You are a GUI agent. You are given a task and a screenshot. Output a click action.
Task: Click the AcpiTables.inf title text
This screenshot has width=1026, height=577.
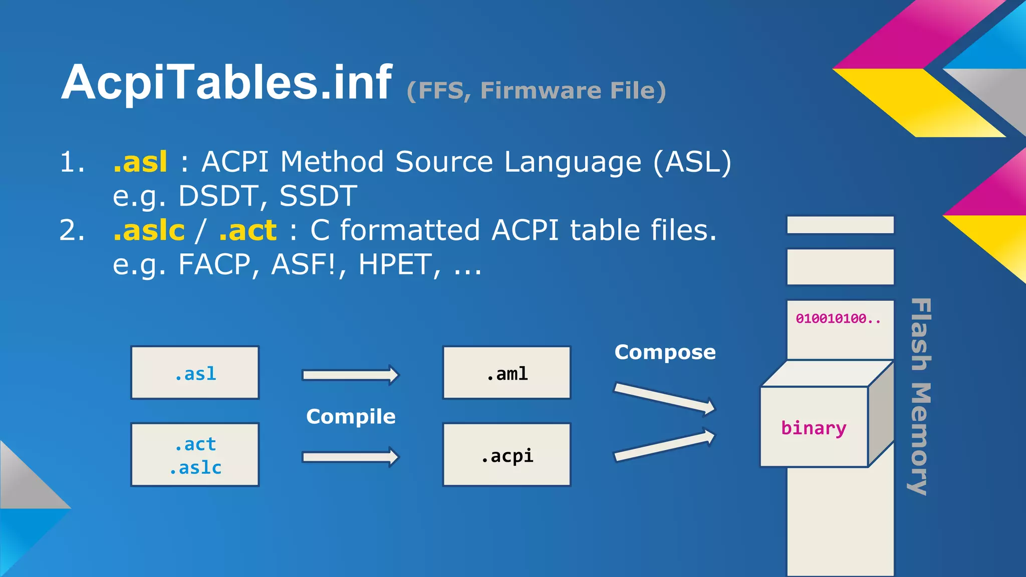tap(226, 83)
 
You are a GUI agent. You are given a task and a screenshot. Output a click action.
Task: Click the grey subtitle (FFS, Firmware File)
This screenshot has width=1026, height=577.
tap(536, 91)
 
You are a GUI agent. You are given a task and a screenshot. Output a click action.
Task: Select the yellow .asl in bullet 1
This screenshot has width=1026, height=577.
tap(140, 162)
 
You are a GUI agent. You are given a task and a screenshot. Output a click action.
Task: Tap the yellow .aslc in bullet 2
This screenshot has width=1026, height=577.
tap(149, 231)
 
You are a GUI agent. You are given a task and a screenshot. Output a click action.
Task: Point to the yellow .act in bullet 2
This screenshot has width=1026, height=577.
tap(247, 231)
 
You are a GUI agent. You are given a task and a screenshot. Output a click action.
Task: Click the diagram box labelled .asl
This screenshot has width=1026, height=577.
tap(195, 373)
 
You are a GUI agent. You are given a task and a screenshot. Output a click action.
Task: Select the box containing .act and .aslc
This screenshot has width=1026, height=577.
tap(195, 455)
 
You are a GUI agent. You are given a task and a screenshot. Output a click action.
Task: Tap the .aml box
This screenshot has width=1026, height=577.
tap(506, 373)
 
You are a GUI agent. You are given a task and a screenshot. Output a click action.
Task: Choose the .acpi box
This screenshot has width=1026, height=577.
tap(506, 455)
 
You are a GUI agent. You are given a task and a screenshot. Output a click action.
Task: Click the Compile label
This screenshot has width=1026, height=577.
tap(351, 417)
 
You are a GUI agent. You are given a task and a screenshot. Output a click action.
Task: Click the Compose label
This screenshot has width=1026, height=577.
tap(665, 352)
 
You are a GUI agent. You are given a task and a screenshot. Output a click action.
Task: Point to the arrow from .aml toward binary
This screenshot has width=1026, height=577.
tap(664, 398)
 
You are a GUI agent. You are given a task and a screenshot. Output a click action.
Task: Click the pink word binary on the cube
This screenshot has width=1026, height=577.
tap(813, 428)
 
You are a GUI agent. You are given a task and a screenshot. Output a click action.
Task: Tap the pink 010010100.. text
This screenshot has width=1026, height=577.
tap(838, 319)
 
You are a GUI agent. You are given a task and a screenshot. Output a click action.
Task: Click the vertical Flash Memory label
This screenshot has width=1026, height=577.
tap(920, 396)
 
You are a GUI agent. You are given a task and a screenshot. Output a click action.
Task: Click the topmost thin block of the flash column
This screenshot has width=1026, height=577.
tap(840, 225)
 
